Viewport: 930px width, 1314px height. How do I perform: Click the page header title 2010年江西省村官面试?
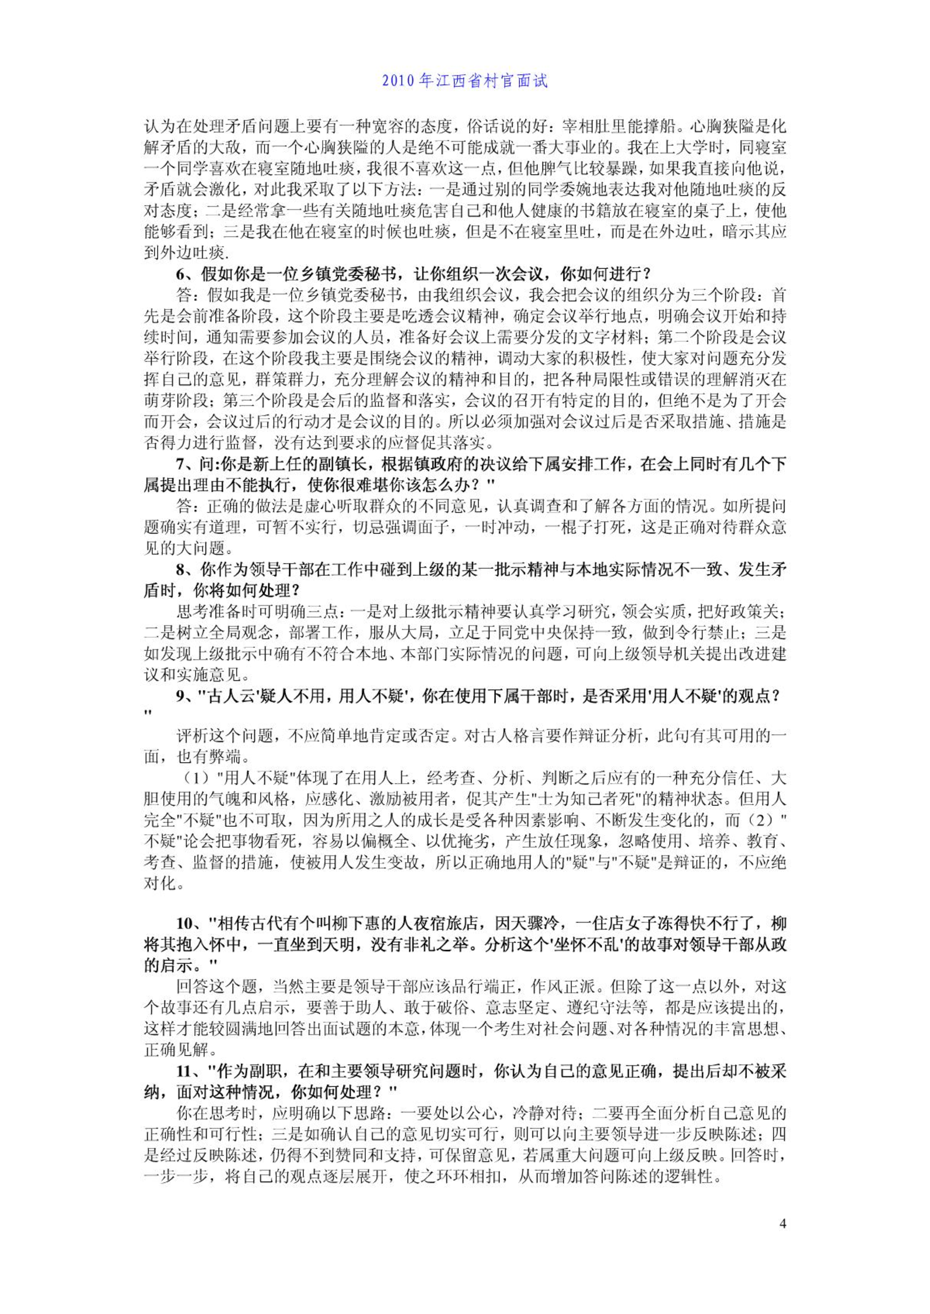tap(465, 80)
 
